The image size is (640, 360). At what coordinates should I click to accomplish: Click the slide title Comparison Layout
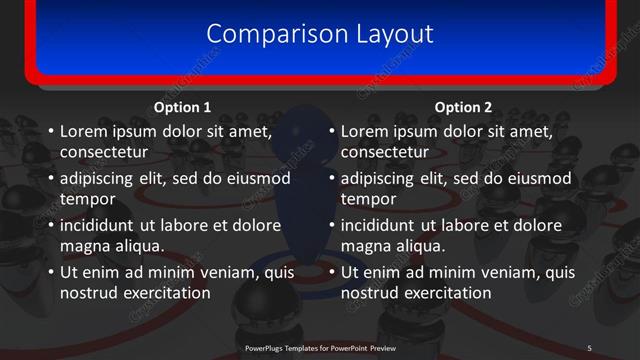320,33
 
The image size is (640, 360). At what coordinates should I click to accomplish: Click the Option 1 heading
182,107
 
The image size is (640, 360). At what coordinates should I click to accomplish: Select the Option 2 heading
463,107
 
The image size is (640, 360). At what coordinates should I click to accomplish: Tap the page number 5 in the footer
589,347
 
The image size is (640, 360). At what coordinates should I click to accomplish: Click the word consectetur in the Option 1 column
104,153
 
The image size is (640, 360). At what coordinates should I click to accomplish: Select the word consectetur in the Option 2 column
385,153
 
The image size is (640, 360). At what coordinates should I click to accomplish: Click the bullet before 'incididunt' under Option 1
50,225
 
